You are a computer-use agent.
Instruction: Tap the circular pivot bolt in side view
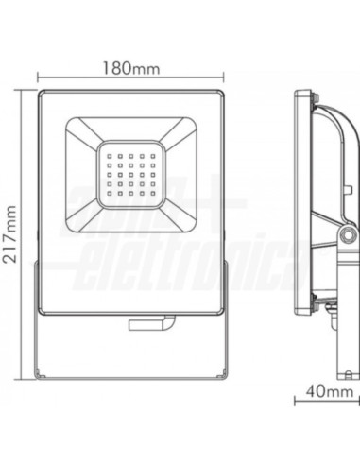point(348,234)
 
